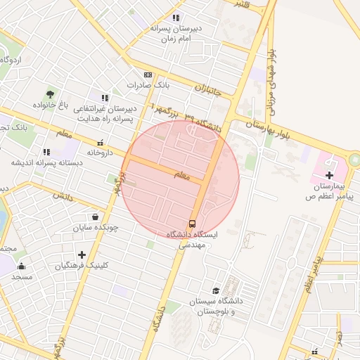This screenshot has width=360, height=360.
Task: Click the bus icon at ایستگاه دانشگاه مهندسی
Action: point(193,223)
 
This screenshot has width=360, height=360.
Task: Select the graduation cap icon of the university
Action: point(216,291)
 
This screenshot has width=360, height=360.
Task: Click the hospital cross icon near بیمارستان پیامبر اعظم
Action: point(330,174)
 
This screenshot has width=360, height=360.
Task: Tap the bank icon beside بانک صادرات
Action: point(148,75)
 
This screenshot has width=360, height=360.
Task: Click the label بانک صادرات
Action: point(145,85)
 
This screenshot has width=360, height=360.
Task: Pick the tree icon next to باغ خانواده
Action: point(51,94)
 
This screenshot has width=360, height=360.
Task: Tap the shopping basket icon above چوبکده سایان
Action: point(95,217)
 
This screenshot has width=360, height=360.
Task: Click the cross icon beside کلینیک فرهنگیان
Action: point(82,254)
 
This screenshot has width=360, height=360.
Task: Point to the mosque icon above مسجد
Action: point(21,266)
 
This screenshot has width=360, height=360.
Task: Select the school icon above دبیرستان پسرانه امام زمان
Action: point(176,18)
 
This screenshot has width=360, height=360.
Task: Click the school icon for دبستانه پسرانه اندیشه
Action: point(46,152)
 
